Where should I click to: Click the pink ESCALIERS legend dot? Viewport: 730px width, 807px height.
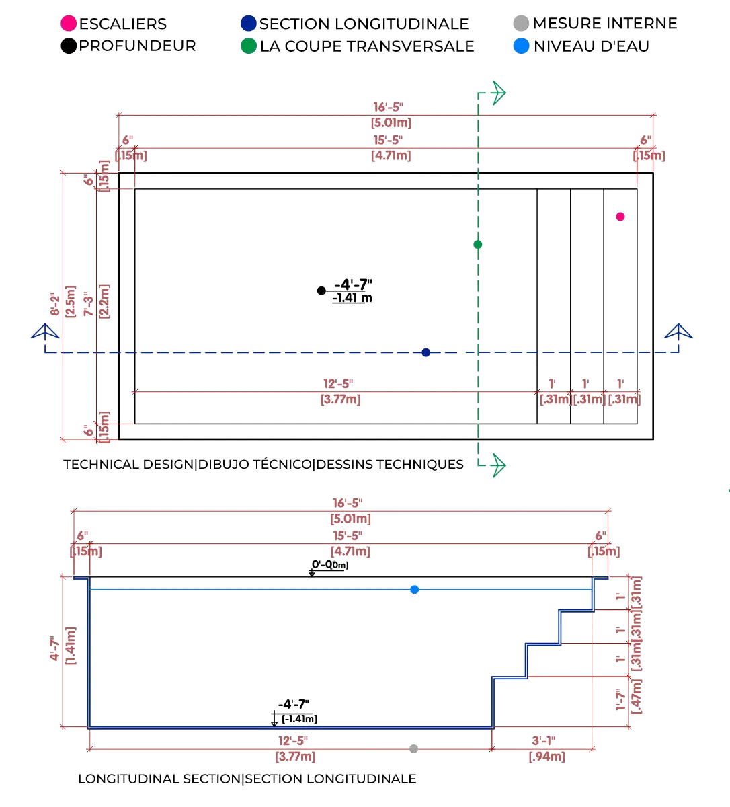coord(69,24)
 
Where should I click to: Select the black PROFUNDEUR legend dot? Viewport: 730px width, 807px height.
coord(69,46)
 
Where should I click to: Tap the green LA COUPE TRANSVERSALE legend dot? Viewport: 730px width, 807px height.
coord(248,46)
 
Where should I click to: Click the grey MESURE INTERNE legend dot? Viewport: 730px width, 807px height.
coord(521,24)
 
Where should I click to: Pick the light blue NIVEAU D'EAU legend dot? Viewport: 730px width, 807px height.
coord(521,46)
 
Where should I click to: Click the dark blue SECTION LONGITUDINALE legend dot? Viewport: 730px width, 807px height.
coord(248,24)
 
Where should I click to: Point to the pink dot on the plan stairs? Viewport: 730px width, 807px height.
coord(620,217)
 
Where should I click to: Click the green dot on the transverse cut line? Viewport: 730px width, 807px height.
coord(478,244)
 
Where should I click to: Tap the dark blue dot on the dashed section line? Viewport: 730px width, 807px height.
coord(425,352)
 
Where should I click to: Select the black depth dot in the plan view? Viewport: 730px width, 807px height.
coord(322,291)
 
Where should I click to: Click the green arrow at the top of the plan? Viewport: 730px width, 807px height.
coord(497,93)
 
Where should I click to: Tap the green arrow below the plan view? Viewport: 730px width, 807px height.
coord(498,463)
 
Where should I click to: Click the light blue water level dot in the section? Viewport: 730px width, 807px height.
coord(415,590)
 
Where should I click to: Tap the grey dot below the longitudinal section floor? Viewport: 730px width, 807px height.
coord(414,747)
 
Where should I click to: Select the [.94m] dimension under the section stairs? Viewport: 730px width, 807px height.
coord(546,757)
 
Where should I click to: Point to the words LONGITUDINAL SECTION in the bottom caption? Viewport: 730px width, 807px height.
coord(159,779)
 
